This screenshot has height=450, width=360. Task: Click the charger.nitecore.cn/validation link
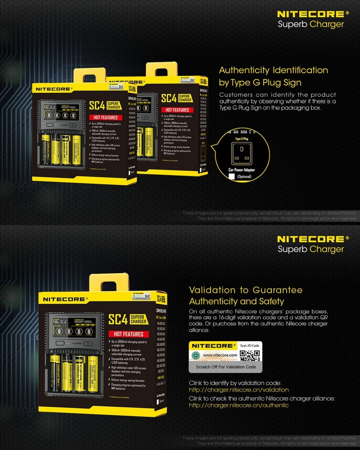click(x=238, y=390)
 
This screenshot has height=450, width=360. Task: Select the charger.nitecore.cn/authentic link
click(x=238, y=405)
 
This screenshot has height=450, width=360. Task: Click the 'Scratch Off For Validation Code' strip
click(x=225, y=367)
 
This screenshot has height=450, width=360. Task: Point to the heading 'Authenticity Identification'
click(x=273, y=71)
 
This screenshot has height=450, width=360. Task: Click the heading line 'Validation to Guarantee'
click(x=246, y=290)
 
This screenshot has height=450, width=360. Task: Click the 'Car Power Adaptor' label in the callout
click(x=242, y=170)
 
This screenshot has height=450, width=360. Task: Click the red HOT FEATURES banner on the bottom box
click(x=128, y=334)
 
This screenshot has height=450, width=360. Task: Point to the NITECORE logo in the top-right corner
click(x=313, y=15)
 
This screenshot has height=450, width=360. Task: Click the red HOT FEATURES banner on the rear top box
click(x=177, y=109)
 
